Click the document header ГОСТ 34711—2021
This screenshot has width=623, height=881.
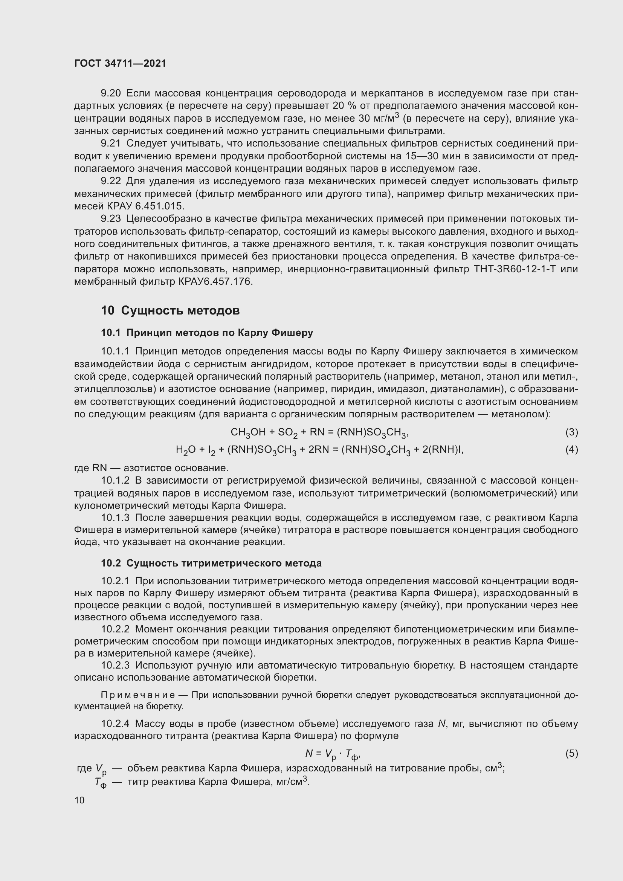[120, 63]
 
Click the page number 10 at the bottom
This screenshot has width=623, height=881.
[79, 800]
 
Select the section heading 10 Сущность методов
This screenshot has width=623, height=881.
[170, 310]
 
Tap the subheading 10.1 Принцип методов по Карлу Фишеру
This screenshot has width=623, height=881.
[207, 333]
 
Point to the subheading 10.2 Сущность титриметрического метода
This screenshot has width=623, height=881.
[211, 563]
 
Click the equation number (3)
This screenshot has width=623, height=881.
[571, 432]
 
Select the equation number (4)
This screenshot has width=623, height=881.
[571, 449]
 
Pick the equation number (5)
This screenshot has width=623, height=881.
[571, 754]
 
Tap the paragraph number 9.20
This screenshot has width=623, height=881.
[111, 93]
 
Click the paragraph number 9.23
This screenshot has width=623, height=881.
[111, 219]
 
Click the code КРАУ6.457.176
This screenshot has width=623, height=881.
[215, 282]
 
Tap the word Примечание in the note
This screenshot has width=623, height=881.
[138, 695]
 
